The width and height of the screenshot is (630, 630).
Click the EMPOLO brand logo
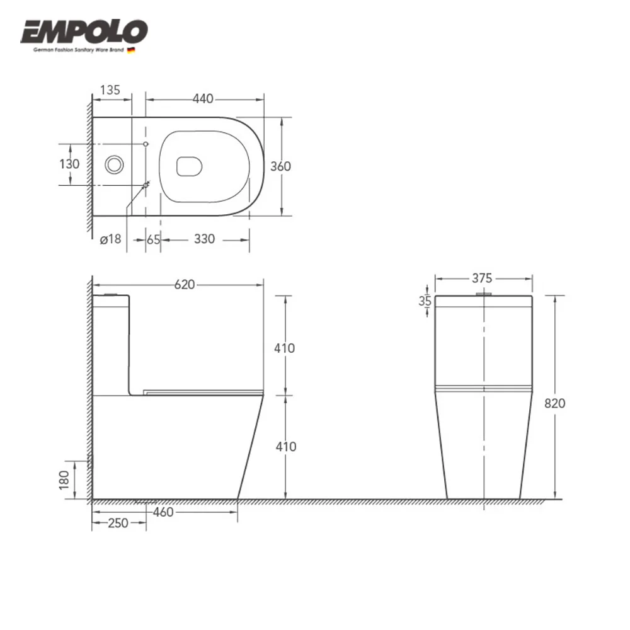click(84, 32)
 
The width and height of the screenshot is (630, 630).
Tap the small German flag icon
click(131, 50)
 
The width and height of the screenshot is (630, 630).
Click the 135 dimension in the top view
click(110, 89)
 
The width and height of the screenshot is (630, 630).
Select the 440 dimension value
click(203, 98)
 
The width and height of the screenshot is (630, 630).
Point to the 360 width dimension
click(280, 166)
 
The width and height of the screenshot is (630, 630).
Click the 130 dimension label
click(69, 164)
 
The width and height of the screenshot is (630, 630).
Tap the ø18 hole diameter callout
click(110, 239)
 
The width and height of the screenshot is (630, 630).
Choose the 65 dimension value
click(153, 239)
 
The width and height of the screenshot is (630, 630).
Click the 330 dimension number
click(205, 239)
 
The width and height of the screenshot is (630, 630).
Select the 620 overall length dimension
click(185, 285)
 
